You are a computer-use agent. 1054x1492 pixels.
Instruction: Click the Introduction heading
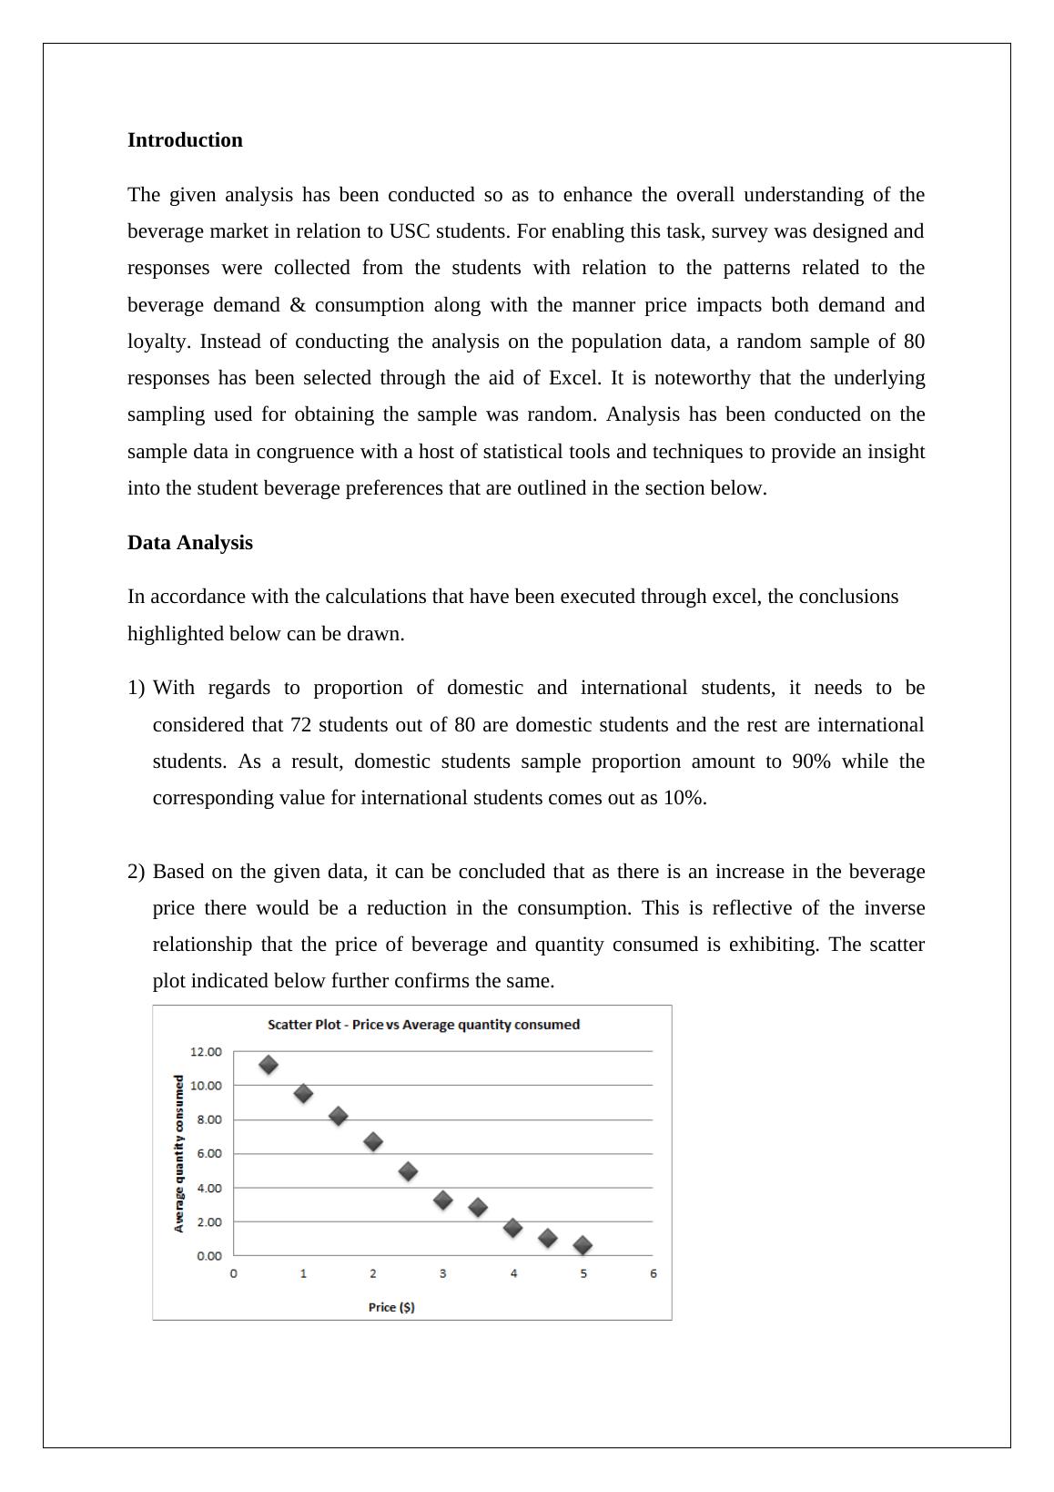click(x=185, y=140)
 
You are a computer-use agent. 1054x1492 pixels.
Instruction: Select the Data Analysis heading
click(x=190, y=543)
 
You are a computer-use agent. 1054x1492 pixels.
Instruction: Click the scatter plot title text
click(x=423, y=1025)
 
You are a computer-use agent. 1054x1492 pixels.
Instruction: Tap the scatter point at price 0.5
click(x=269, y=1065)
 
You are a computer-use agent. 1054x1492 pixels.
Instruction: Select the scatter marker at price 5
click(x=583, y=1245)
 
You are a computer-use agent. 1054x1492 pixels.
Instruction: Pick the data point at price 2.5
click(x=409, y=1171)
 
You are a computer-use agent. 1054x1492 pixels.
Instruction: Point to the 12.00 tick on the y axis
click(x=206, y=1052)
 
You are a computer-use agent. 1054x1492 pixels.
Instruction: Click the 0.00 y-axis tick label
click(x=208, y=1256)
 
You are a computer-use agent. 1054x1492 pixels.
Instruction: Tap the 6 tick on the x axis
click(x=654, y=1273)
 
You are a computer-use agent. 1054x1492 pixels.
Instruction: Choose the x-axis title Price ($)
click(x=391, y=1307)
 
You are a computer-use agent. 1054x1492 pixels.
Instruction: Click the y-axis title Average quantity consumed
click(x=179, y=1153)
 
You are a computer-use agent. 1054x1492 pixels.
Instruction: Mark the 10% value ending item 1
click(x=684, y=798)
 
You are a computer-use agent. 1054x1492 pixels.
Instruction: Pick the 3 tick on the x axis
click(x=443, y=1273)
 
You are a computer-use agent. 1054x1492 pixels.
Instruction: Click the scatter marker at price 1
click(x=304, y=1094)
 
